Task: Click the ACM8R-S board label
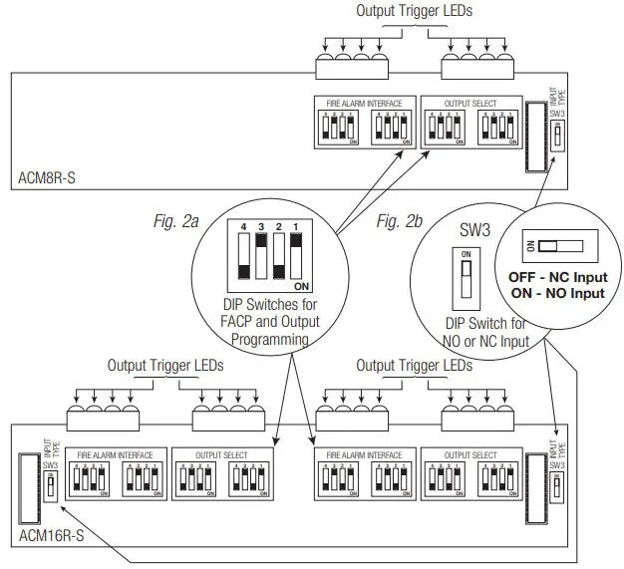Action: tap(47, 179)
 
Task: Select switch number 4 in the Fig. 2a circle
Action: tap(242, 261)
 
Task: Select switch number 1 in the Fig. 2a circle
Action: tap(296, 261)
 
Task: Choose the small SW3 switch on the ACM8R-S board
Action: tap(556, 134)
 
